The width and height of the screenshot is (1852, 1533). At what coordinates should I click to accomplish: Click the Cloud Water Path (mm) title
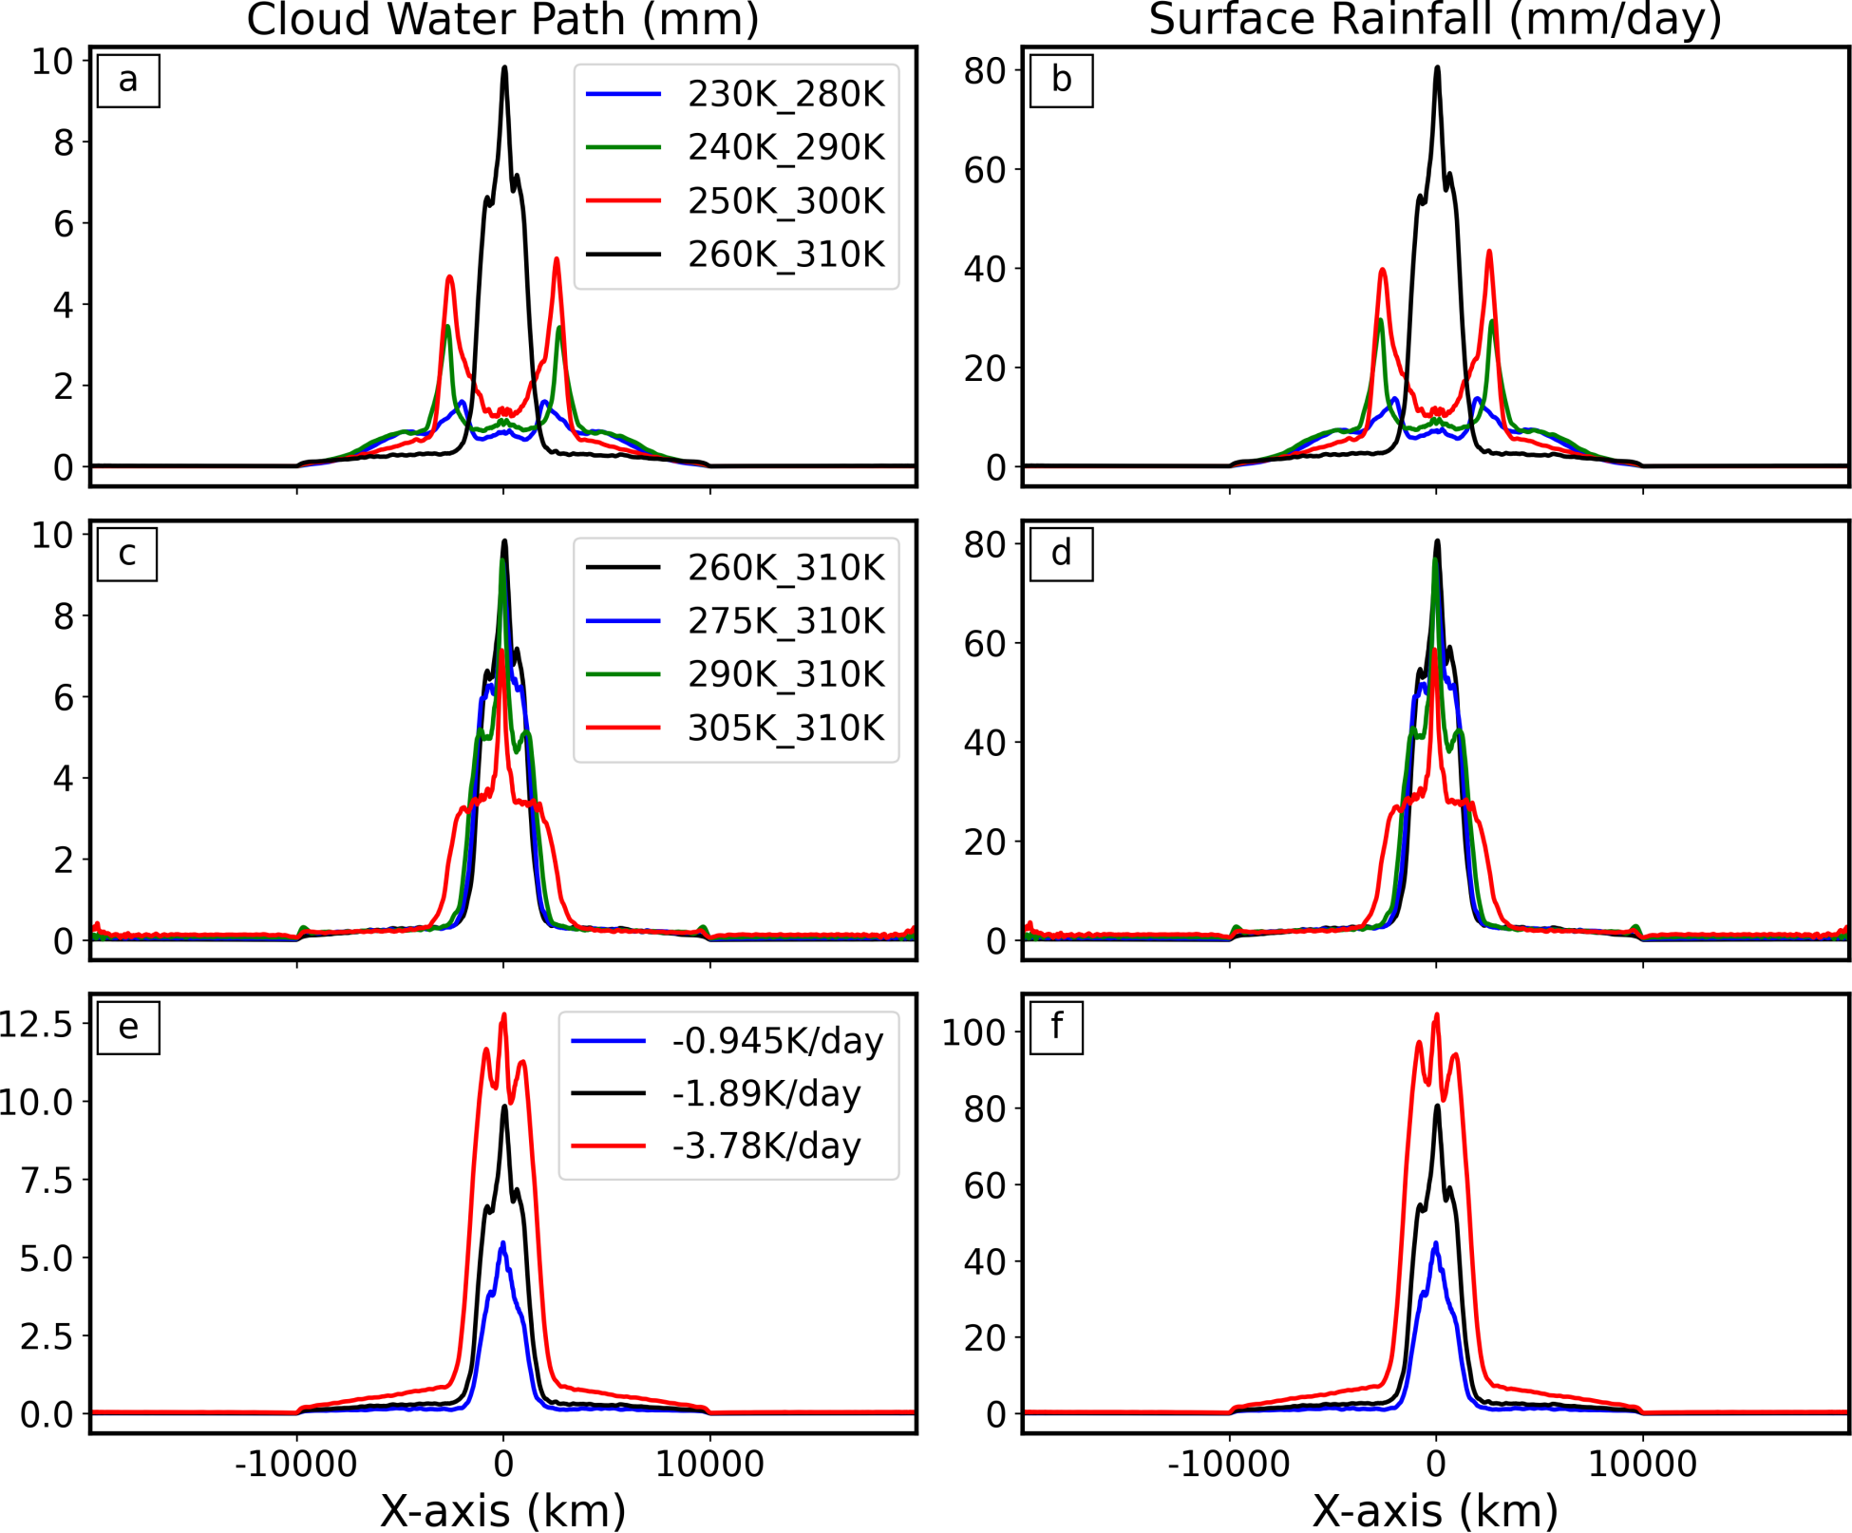502,19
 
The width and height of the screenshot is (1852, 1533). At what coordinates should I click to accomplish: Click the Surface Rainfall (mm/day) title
1435,19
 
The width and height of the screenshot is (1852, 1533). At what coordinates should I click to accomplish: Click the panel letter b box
1061,80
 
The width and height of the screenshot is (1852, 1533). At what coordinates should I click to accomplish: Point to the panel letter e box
128,1027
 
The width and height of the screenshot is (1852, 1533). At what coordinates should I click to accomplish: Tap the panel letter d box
1061,553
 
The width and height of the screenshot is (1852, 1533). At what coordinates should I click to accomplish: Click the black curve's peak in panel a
504,67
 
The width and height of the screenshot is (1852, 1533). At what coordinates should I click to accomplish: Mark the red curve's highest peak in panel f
1436,1014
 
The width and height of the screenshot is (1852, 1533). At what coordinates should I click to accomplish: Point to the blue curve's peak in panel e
502,1242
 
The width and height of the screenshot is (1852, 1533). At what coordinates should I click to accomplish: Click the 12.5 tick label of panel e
36,1025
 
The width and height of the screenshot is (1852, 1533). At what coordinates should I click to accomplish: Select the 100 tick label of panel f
973,1032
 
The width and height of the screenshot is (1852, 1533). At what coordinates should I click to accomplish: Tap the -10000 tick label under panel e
296,1464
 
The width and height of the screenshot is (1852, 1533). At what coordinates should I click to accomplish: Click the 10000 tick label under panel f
1642,1464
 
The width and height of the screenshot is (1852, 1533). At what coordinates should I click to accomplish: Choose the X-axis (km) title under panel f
1435,1510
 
